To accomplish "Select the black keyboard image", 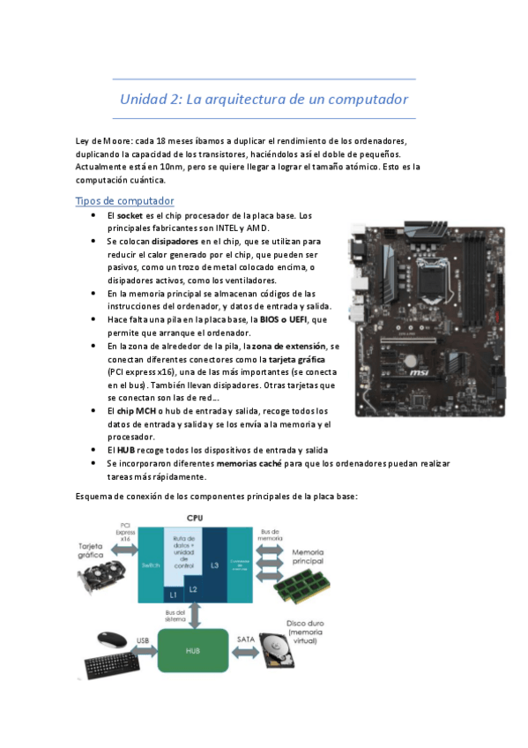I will click(x=113, y=667).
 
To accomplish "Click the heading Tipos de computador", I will click(x=124, y=201).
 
